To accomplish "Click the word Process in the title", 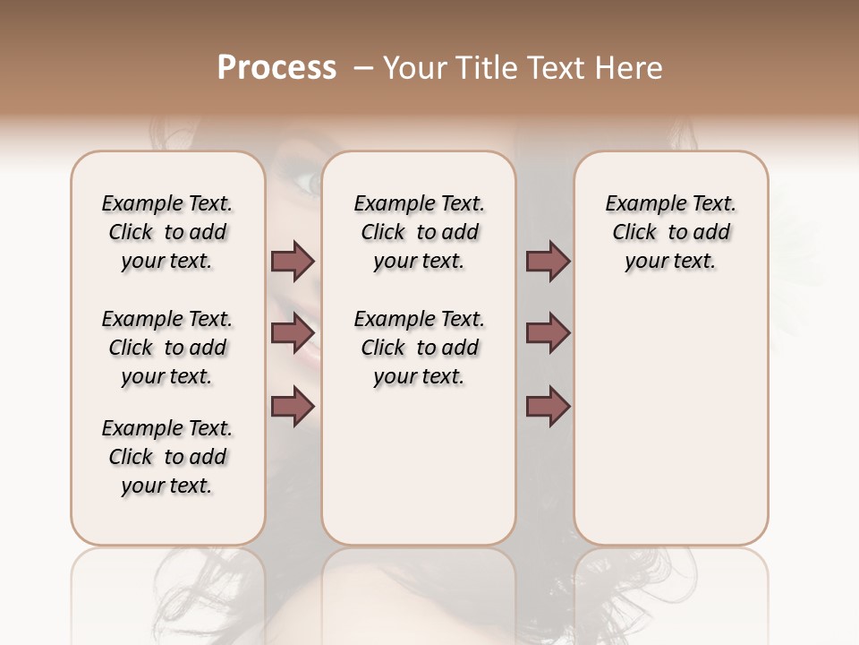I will [x=276, y=68].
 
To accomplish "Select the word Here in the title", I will [x=631, y=68].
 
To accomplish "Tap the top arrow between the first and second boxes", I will [x=293, y=261].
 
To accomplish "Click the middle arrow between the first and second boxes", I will [x=293, y=333].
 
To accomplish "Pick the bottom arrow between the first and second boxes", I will [x=293, y=406].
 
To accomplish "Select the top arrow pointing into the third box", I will [x=548, y=261].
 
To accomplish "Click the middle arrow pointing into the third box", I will [x=548, y=333].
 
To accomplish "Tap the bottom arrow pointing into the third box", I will [x=548, y=406].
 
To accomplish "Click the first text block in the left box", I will [x=167, y=232].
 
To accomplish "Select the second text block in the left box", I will [x=167, y=348].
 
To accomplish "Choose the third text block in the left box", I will [x=167, y=457].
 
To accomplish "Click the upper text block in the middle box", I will [x=420, y=232].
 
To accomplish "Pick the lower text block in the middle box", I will [x=420, y=348].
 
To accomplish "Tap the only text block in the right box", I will [x=671, y=232].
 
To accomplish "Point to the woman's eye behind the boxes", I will [x=303, y=183].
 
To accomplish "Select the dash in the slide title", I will [x=363, y=68].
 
